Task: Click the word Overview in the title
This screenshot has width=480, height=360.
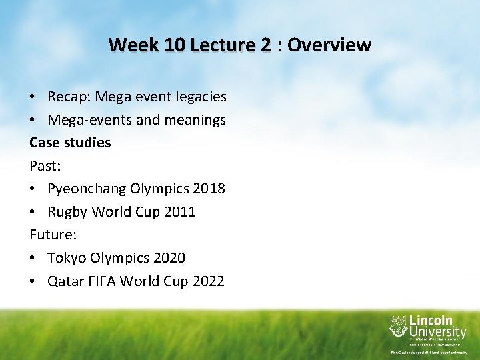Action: coord(329,45)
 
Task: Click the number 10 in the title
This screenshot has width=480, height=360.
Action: coord(172,45)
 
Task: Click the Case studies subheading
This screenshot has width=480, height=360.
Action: coord(70,143)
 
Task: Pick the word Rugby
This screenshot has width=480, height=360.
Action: coord(67,212)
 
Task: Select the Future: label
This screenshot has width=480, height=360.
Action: coord(52,235)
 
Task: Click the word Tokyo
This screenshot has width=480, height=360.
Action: coord(65,257)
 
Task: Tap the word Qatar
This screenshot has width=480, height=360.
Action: coord(65,281)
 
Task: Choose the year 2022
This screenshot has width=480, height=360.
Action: coord(208,281)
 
